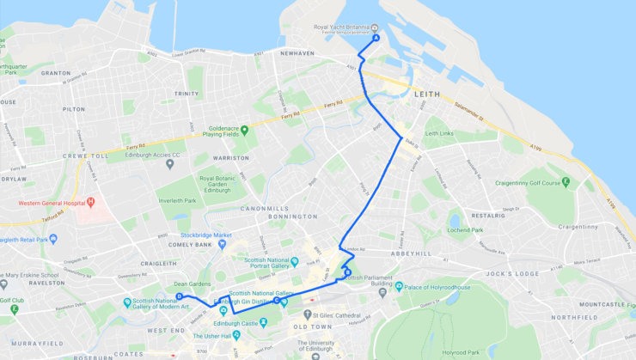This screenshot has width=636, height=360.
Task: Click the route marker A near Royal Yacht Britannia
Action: pos(376,39)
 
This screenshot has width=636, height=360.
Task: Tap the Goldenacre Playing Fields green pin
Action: pos(244,131)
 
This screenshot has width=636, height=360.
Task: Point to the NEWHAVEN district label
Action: pos(297,52)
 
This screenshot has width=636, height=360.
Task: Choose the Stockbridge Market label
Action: pos(212,235)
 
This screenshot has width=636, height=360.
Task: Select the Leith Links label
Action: pos(444,133)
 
